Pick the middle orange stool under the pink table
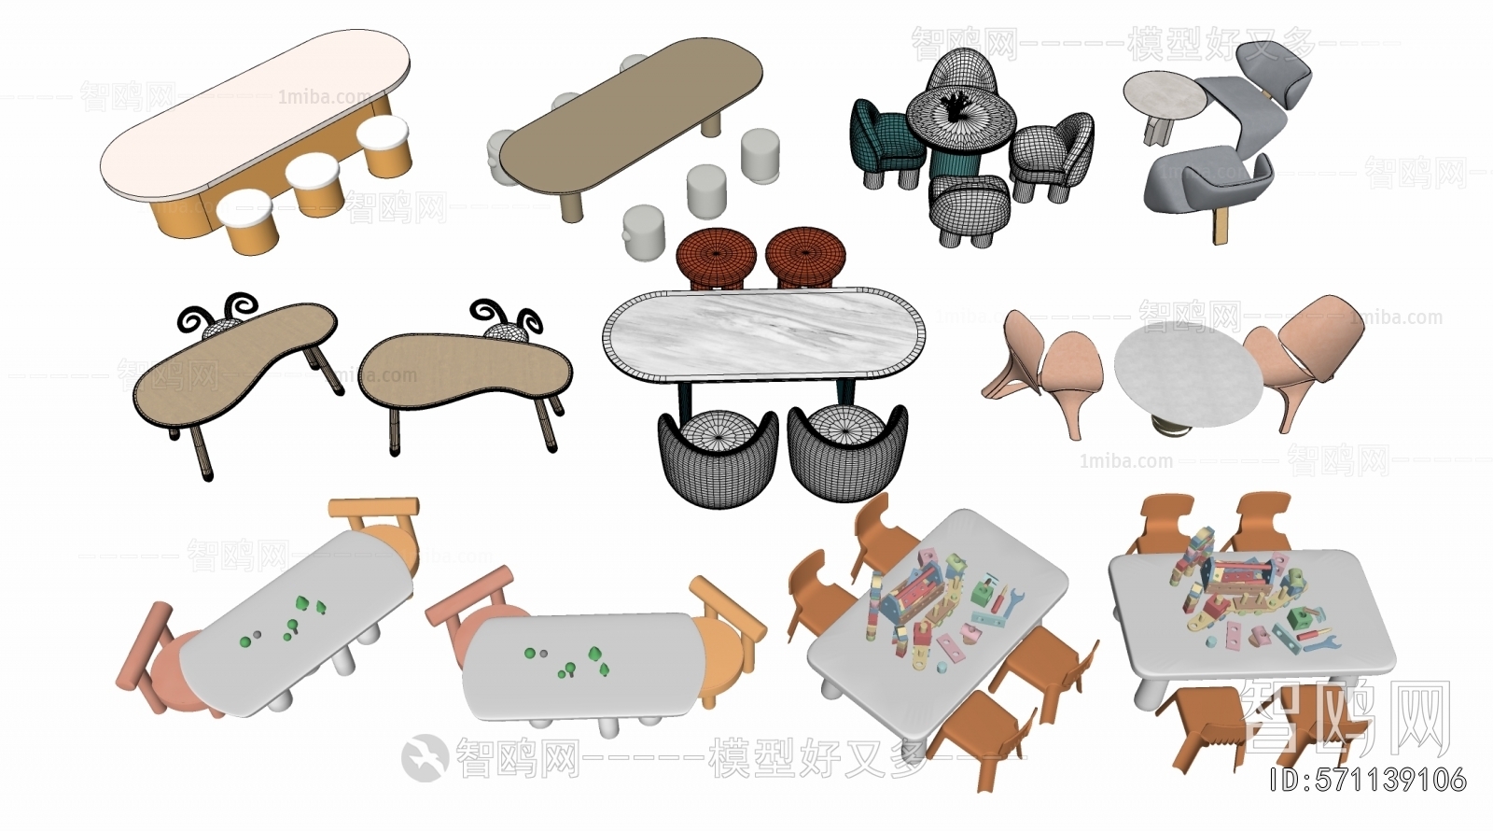312,184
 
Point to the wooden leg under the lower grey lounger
1220,225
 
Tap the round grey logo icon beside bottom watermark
425,756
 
